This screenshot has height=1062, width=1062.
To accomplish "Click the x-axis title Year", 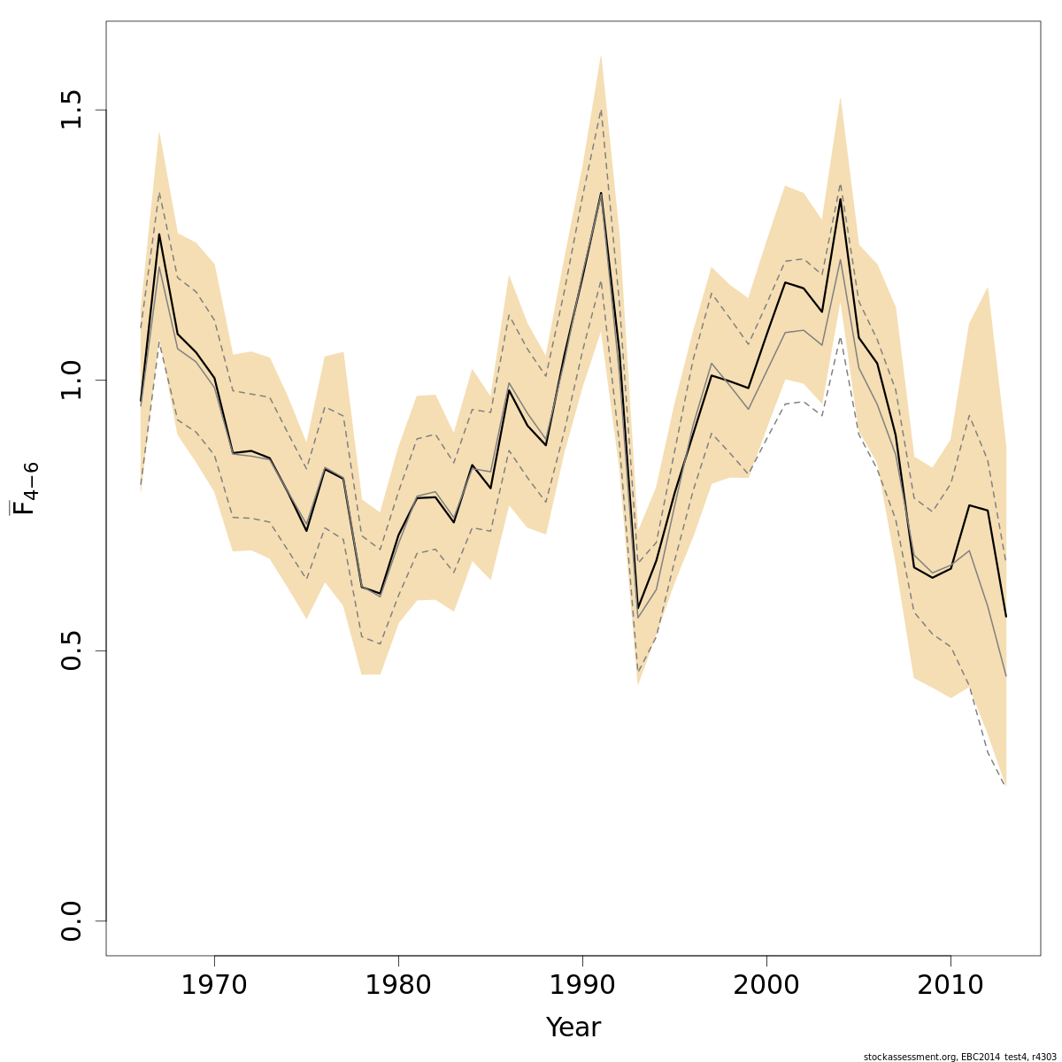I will click(573, 1027).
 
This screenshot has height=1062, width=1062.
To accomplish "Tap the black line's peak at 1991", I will click(601, 193).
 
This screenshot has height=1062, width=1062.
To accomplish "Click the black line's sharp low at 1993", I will click(638, 608).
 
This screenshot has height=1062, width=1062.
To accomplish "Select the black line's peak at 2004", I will click(840, 198).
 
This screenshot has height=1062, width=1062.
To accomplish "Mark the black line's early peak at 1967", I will click(159, 234).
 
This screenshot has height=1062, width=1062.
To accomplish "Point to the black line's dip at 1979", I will click(380, 593).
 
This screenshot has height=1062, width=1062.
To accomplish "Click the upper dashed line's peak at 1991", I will click(601, 110).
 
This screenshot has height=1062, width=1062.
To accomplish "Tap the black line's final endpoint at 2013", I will click(1005, 617).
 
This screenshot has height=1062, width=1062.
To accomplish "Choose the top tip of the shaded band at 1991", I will click(601, 55).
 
